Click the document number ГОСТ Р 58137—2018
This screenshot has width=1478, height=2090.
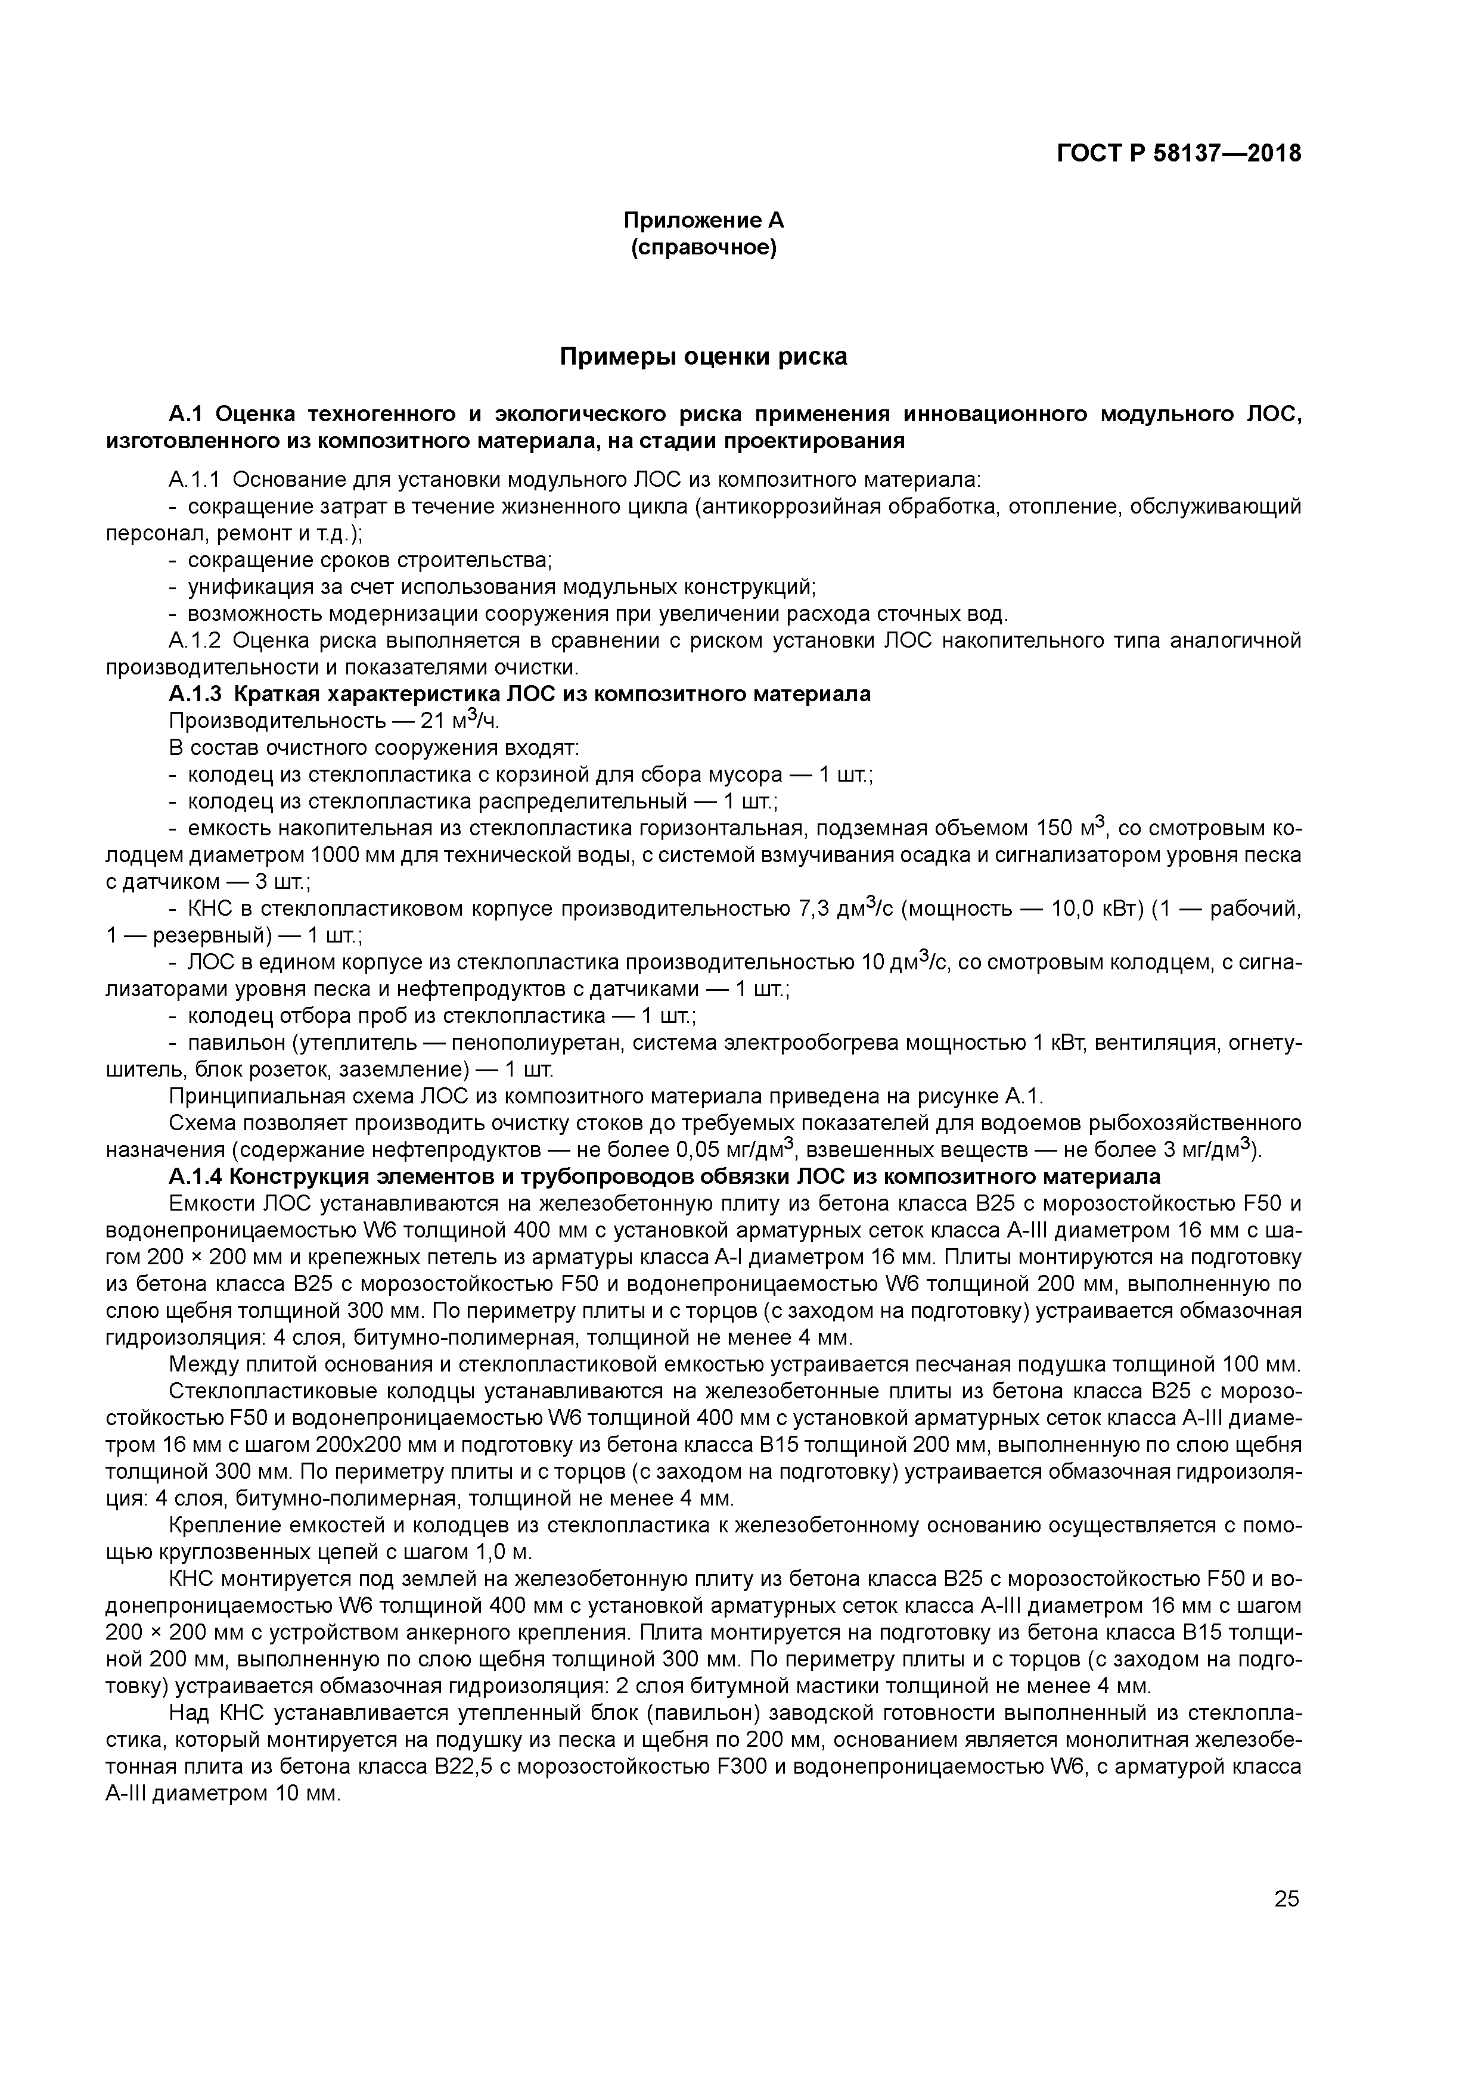tap(1178, 153)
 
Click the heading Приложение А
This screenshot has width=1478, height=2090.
tap(703, 220)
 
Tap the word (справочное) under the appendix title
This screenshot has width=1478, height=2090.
tap(703, 248)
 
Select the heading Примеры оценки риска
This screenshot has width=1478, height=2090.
tap(703, 357)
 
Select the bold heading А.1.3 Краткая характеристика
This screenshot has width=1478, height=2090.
tap(519, 695)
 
